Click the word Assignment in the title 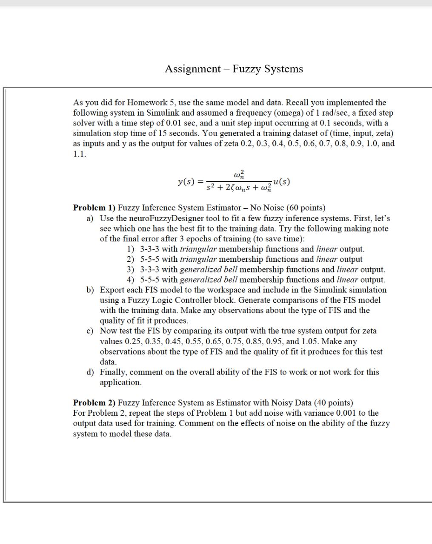tap(192, 69)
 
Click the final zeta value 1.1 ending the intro tap(79, 154)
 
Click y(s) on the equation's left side tap(186, 182)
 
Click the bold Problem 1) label tap(94, 208)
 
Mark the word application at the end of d tap(120, 382)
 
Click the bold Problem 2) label tap(94, 402)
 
